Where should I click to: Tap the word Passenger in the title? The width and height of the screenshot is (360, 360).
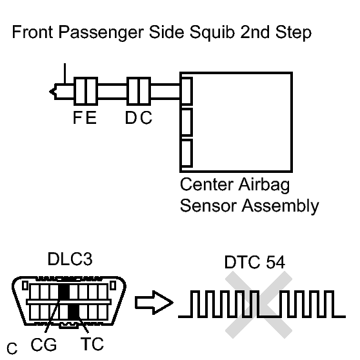click(101, 33)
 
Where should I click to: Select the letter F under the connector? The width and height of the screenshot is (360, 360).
click(77, 117)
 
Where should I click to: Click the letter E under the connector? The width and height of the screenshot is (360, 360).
click(91, 117)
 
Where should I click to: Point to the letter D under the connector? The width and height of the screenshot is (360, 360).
click(132, 117)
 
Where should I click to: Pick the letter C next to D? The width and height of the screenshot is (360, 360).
click(146, 117)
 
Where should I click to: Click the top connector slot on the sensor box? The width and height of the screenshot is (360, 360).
click(186, 91)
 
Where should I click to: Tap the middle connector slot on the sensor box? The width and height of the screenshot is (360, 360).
click(186, 122)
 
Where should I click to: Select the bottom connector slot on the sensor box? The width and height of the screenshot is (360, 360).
click(186, 153)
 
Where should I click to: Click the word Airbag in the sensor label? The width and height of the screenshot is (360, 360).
click(264, 185)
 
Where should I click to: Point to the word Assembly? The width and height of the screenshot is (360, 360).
click(281, 206)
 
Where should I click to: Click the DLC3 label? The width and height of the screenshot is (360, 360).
click(70, 259)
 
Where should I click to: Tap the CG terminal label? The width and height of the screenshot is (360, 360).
click(44, 345)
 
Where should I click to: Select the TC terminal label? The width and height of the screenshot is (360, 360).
click(92, 344)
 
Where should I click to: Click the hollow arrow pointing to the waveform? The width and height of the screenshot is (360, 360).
click(154, 303)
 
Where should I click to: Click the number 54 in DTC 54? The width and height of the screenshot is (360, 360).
click(275, 262)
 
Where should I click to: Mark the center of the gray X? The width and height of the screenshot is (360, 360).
click(259, 305)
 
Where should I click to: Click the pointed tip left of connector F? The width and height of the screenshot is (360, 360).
click(50, 92)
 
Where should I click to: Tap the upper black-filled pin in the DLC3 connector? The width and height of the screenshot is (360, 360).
click(64, 292)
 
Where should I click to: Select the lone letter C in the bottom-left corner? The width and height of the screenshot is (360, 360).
click(12, 348)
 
